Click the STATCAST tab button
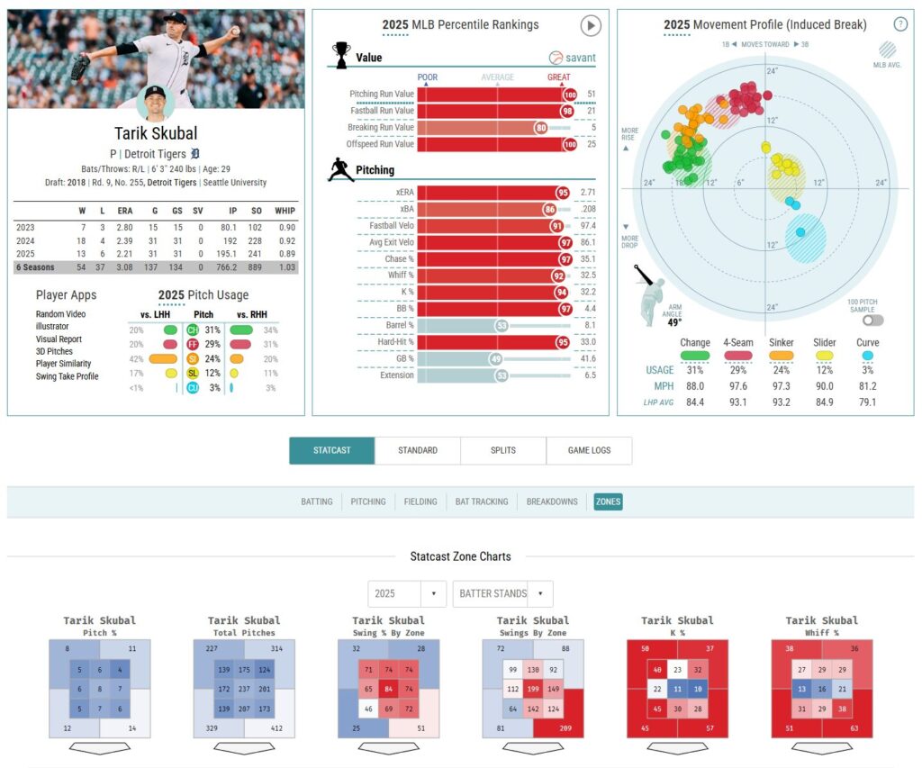pos(331,450)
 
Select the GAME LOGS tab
pos(589,450)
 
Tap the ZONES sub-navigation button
pos(608,501)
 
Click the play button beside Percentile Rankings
pos(590,25)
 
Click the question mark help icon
pos(899,24)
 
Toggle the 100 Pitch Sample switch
pos(872,320)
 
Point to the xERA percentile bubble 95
pos(563,193)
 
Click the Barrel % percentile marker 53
pos(502,325)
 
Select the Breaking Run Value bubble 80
pos(540,128)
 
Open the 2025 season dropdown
pos(406,594)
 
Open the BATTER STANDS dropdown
pos(502,594)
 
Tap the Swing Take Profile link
pos(68,376)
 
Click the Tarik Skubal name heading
pos(156,134)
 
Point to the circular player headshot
pos(156,103)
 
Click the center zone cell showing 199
pos(532,690)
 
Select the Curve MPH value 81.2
pos(869,386)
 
